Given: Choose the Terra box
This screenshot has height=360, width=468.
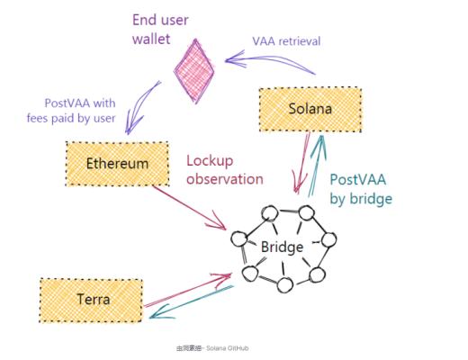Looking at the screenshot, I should click(91, 298).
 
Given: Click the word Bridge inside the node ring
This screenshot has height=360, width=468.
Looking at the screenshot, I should click(282, 246).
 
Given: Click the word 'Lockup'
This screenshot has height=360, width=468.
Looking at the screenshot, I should click(210, 161).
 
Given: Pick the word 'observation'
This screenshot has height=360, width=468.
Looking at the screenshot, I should click(224, 179).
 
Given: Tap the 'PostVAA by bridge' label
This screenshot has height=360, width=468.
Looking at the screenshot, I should click(359, 188).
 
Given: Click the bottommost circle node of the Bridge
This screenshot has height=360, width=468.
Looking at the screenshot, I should click(285, 285).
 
